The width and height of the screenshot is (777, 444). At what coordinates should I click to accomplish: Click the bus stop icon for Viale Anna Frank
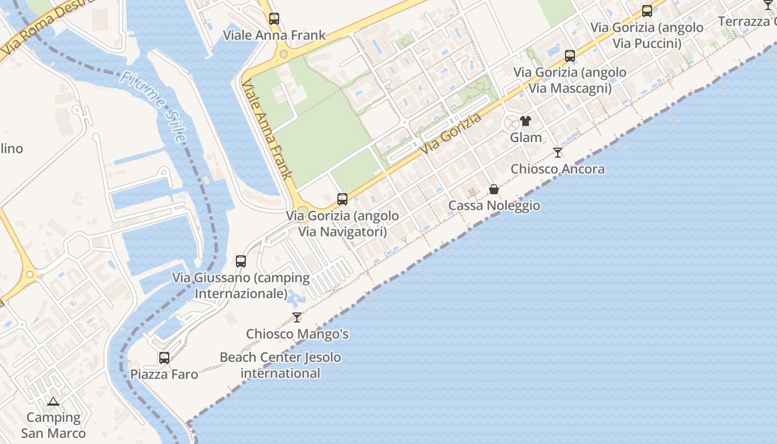pos(274,18)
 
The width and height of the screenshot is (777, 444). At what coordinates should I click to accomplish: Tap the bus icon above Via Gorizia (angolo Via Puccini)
pos(647,11)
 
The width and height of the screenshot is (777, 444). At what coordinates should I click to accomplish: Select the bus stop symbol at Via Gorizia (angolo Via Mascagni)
pos(570,56)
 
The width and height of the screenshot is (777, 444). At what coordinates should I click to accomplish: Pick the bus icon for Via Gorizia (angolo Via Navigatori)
pos(342,199)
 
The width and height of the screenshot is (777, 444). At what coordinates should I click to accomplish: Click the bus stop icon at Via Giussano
pos(241,261)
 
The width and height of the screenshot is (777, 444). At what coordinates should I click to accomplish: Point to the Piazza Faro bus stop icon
pos(164,357)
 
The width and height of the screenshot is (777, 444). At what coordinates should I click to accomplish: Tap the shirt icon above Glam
pos(526,120)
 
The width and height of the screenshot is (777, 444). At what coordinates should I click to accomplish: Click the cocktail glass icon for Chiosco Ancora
pos(558,152)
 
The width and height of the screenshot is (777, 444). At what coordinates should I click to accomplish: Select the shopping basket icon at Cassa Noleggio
pos(494,189)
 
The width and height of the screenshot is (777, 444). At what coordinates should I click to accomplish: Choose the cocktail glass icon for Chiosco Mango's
pos(297,317)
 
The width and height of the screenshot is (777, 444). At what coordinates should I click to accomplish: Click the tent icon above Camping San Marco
pos(53,401)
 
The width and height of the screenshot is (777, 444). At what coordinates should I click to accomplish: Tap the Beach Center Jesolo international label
pos(280,365)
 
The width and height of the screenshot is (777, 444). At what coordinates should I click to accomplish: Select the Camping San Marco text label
pos(53,425)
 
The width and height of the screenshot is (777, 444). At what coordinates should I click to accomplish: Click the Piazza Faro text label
pos(164,374)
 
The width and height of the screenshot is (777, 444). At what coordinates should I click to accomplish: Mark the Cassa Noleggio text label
pos(494,205)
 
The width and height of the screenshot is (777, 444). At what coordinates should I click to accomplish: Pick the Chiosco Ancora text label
pos(558,169)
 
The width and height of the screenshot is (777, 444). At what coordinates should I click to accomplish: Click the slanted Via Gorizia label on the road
pos(450,134)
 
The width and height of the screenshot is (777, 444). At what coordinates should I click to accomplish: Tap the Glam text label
pos(526,137)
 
